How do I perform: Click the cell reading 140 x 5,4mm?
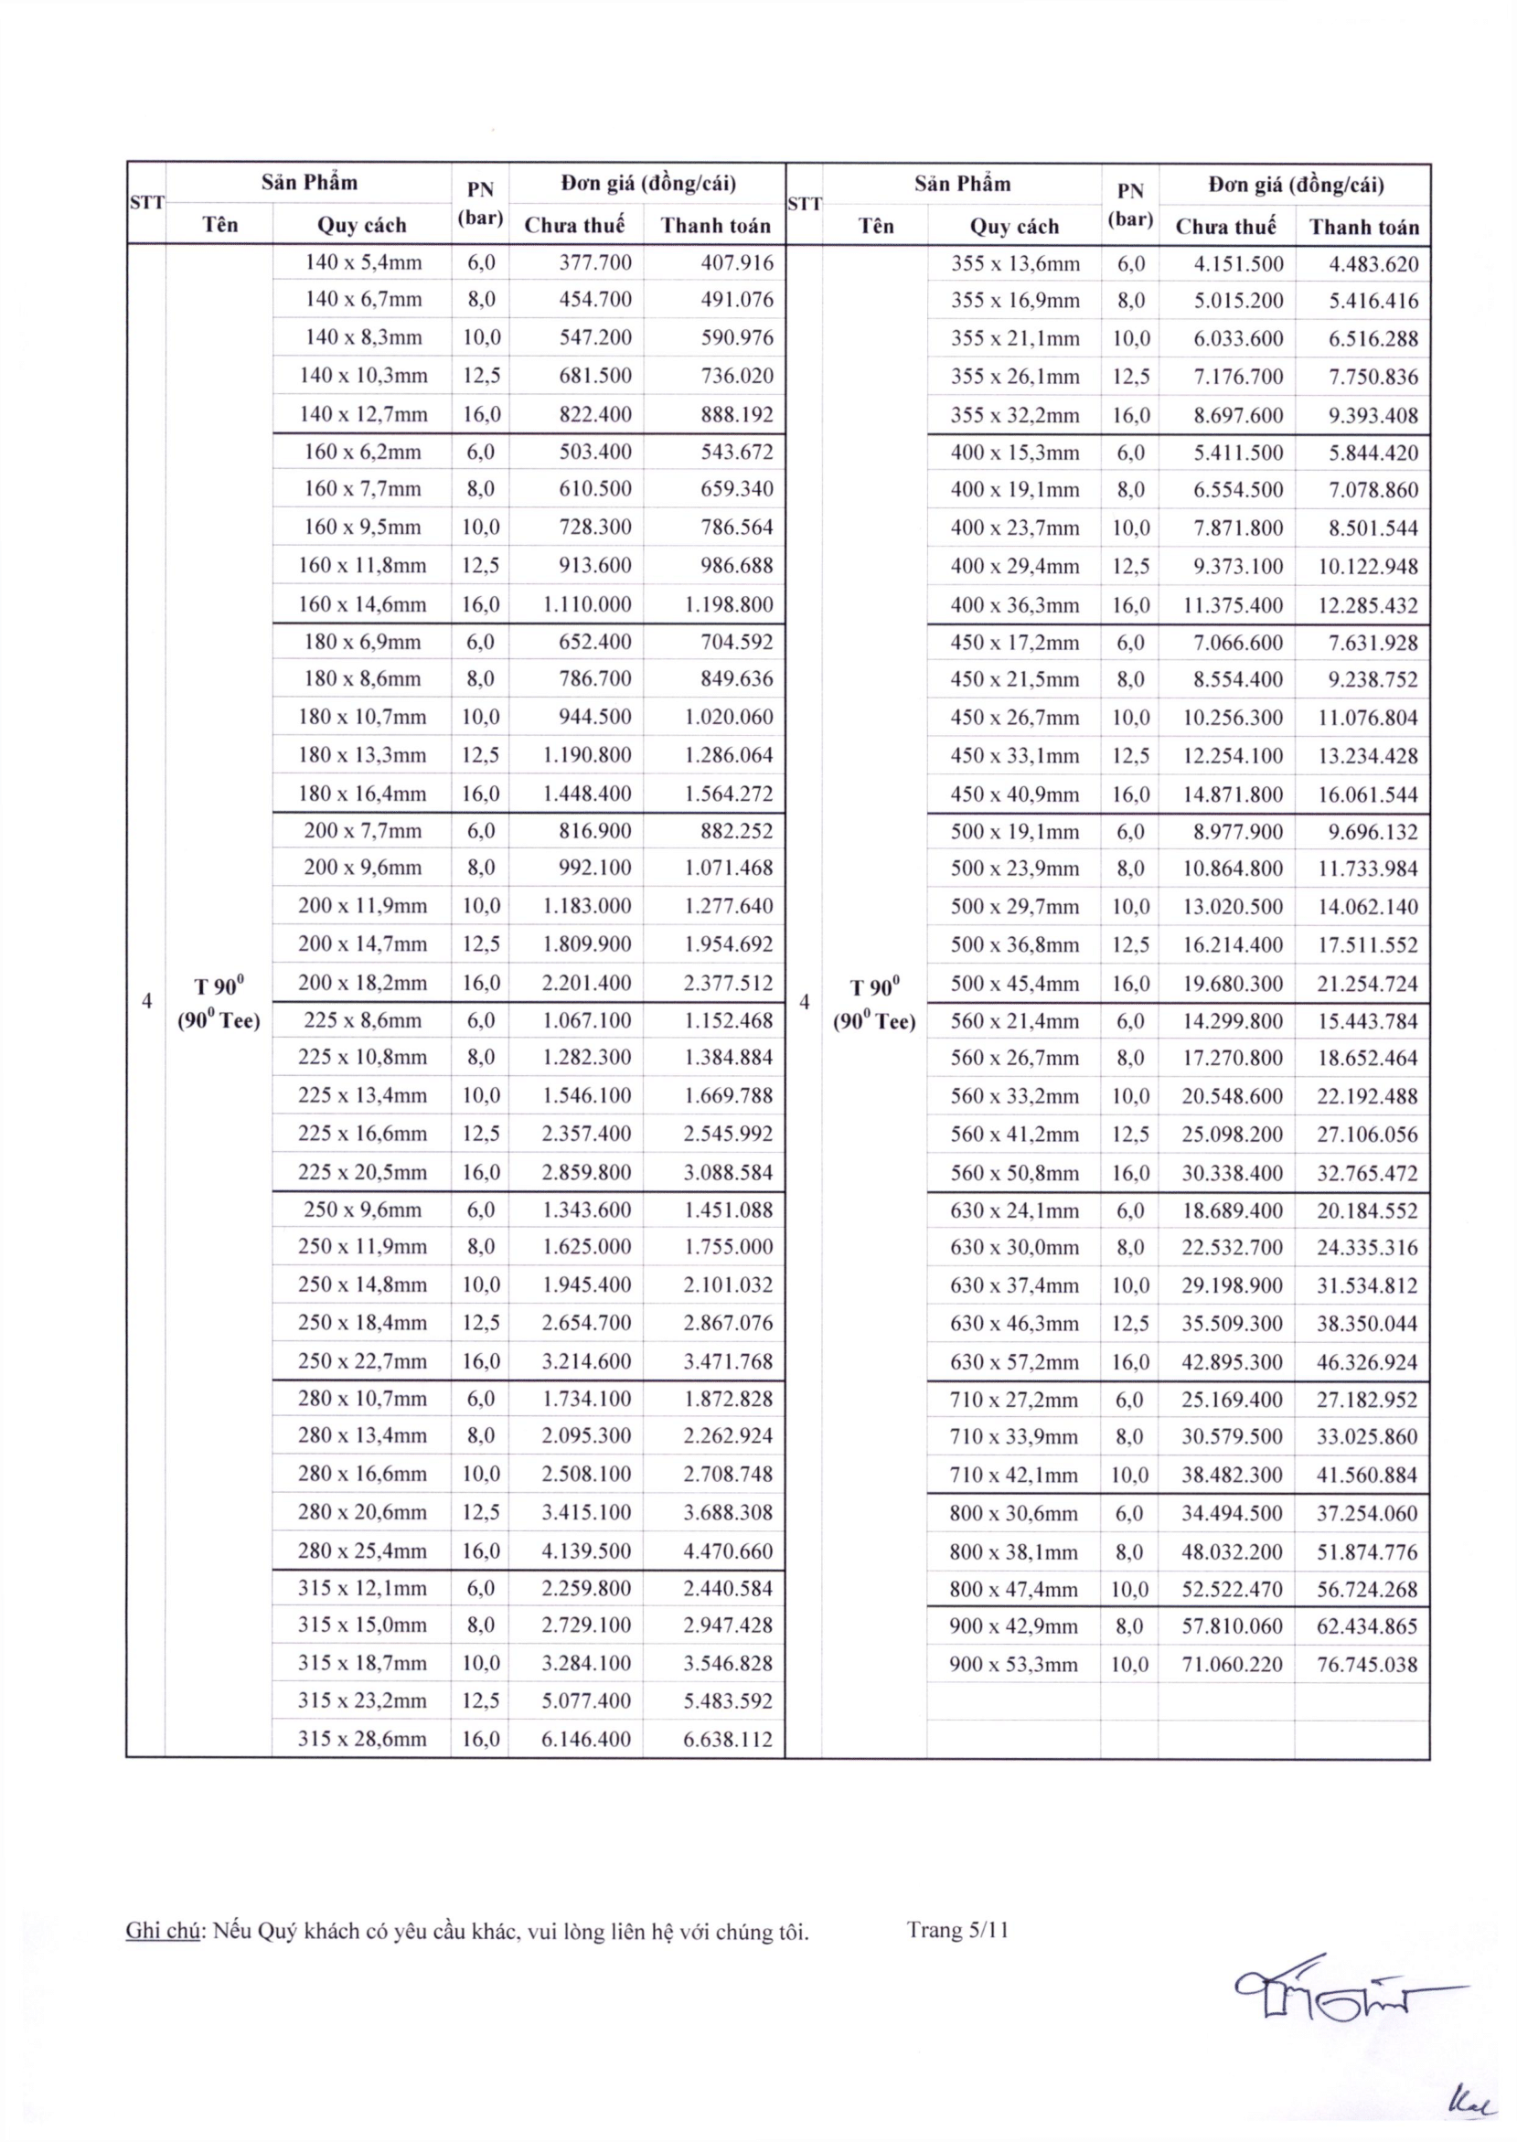coord(362,262)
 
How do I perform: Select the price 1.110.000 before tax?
coord(587,604)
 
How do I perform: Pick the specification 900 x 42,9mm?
coord(1013,1625)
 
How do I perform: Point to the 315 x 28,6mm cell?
coord(362,1739)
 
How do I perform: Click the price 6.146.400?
coord(587,1739)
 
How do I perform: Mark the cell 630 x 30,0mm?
coord(1013,1248)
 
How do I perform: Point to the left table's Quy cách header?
coord(362,225)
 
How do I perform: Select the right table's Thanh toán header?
coord(1363,227)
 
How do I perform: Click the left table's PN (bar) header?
coord(480,204)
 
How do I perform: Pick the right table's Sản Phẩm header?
coord(962,184)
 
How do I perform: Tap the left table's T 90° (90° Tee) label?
coord(219,1003)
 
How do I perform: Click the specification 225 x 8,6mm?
coord(362,1019)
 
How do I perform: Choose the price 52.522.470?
coord(1231,1588)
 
